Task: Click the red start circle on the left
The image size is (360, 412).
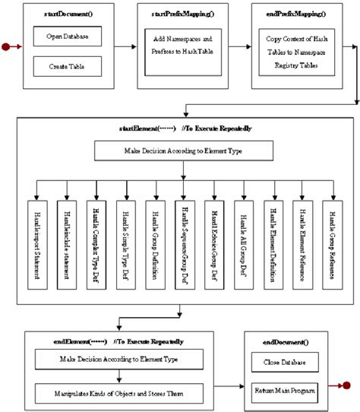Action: click(6, 47)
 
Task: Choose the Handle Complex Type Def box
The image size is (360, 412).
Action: click(96, 233)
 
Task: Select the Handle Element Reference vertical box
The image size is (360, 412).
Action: click(301, 233)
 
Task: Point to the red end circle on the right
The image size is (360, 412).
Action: click(354, 388)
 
